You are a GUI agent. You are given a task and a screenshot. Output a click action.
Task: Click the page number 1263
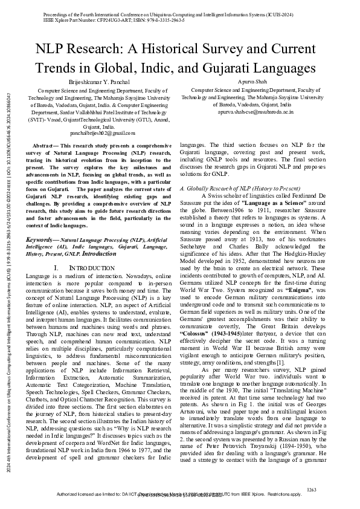(312, 490)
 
